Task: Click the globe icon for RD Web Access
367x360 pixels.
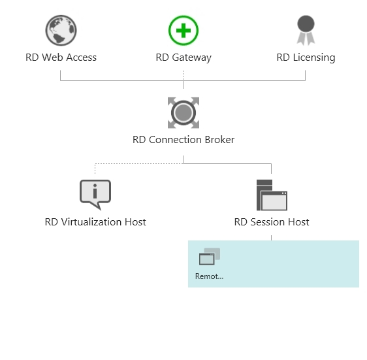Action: click(x=61, y=31)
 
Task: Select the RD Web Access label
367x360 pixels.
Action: click(x=61, y=57)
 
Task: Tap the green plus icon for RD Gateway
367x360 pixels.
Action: click(x=183, y=31)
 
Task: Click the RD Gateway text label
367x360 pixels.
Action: click(x=183, y=57)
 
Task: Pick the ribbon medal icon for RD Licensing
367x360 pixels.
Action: click(x=306, y=31)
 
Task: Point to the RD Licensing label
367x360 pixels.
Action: click(x=306, y=57)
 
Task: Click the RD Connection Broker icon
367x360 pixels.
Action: click(x=183, y=113)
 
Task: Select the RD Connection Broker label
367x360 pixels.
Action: click(x=183, y=140)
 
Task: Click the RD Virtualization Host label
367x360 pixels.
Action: click(x=95, y=222)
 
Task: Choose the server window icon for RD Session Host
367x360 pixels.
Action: click(x=272, y=194)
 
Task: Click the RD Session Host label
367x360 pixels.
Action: click(x=272, y=222)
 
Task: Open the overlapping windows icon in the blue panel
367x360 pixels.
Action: click(x=210, y=257)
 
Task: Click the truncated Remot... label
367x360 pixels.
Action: click(x=209, y=276)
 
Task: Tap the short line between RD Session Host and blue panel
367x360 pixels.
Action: click(x=272, y=236)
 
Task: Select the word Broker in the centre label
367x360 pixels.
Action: click(x=219, y=140)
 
